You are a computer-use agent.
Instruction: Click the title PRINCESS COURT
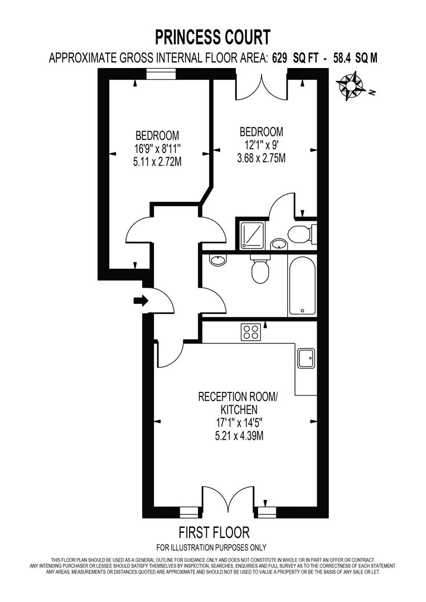coord(212,37)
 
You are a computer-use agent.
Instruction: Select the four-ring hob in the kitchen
coord(250,332)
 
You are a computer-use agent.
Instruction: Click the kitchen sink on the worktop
coord(306,358)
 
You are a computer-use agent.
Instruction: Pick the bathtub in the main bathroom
coord(302,285)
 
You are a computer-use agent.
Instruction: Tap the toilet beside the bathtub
coord(260,270)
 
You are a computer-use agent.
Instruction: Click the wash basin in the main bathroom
coord(217,260)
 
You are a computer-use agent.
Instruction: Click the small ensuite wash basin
coord(278,244)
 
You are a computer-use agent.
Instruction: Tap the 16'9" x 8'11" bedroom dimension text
coord(157,149)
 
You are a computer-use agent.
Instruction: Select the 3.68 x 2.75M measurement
coord(261,158)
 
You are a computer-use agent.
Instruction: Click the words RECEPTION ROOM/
coord(238,397)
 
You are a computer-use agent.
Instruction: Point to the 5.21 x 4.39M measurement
coord(239,436)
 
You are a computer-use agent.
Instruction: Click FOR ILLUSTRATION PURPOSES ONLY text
coord(212,547)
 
